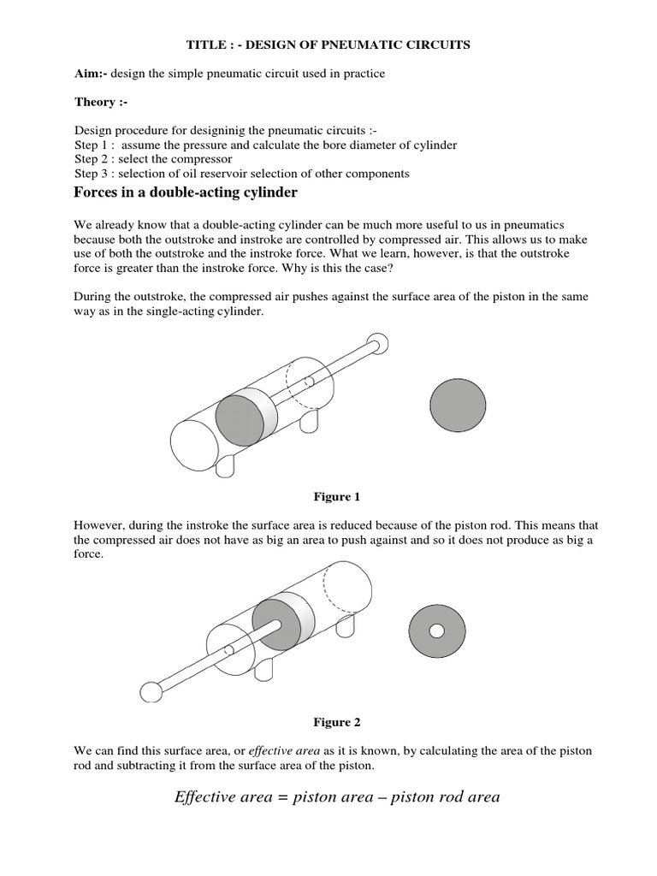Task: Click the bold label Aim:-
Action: (x=92, y=74)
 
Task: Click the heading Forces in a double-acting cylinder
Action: (x=186, y=193)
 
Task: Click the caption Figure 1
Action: (x=331, y=496)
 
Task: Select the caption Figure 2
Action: (x=331, y=722)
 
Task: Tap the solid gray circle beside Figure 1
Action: (x=458, y=405)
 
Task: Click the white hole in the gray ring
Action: (x=437, y=631)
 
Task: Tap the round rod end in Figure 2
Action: (x=151, y=692)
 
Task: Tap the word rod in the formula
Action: (x=447, y=797)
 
